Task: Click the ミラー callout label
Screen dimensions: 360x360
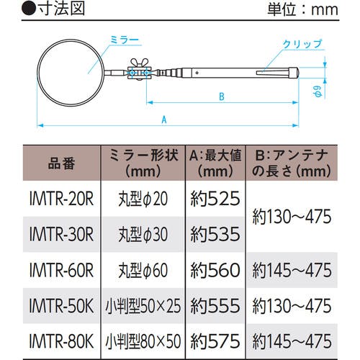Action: click(x=125, y=40)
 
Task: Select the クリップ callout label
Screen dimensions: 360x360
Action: click(x=302, y=45)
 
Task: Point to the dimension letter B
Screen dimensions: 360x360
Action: click(x=222, y=96)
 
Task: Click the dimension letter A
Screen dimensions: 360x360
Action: click(x=164, y=120)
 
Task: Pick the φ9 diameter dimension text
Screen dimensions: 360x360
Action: click(x=318, y=91)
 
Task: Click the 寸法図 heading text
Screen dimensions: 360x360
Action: click(x=62, y=9)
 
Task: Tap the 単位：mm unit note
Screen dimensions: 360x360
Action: click(x=303, y=10)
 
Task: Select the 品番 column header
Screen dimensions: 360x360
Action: click(x=62, y=163)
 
